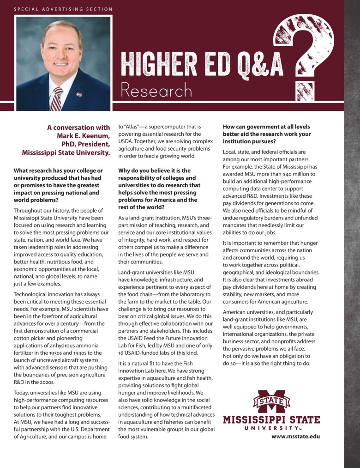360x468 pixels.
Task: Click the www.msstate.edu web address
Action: pyautogui.click(x=295, y=436)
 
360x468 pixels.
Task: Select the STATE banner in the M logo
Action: pyautogui.click(x=271, y=400)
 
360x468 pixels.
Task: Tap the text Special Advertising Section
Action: pyautogui.click(x=63, y=9)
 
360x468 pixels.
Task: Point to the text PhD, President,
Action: pyautogui.click(x=84, y=144)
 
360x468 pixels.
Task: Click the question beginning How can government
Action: pyautogui.click(x=266, y=134)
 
